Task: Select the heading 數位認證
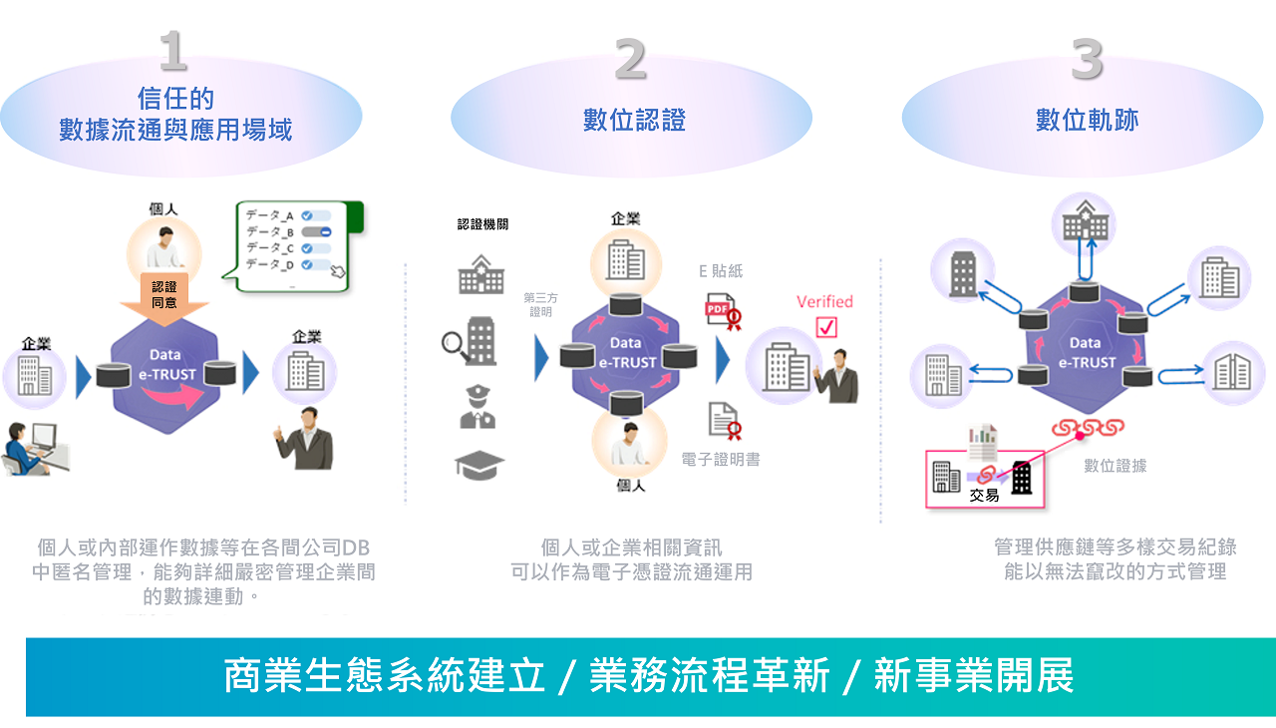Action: (x=634, y=121)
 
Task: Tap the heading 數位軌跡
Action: (x=1087, y=121)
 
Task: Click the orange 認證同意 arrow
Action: (x=164, y=296)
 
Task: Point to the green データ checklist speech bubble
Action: (x=296, y=247)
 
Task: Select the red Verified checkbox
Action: (x=825, y=327)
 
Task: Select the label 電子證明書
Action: (x=721, y=461)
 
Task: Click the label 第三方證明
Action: (x=539, y=304)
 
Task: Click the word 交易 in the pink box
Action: (x=984, y=495)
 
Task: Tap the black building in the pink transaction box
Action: (x=1022, y=478)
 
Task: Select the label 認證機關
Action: (x=482, y=224)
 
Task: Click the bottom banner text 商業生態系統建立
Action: (x=385, y=676)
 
